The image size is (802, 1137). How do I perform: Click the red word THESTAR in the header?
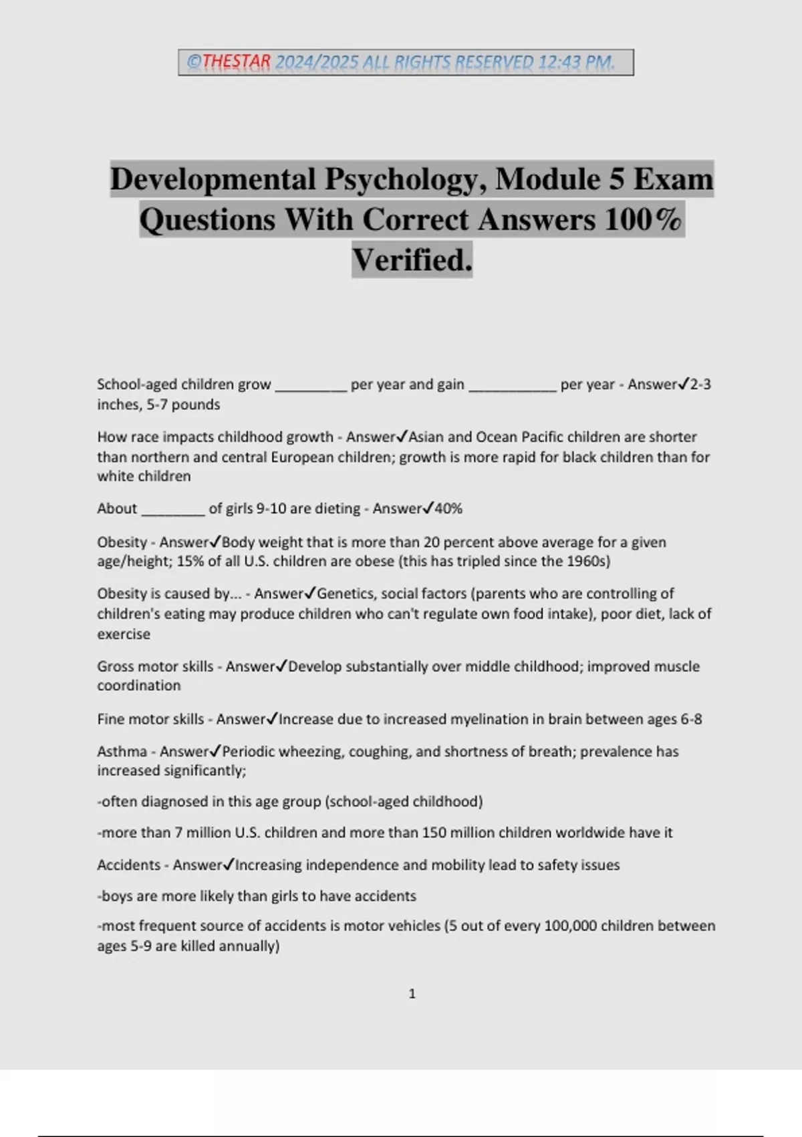[236, 62]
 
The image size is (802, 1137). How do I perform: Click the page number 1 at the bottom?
[412, 994]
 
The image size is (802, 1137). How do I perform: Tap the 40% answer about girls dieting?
[448, 508]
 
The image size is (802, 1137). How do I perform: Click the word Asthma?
[122, 751]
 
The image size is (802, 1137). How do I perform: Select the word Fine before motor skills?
[110, 719]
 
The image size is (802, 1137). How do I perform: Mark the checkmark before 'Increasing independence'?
[229, 864]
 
